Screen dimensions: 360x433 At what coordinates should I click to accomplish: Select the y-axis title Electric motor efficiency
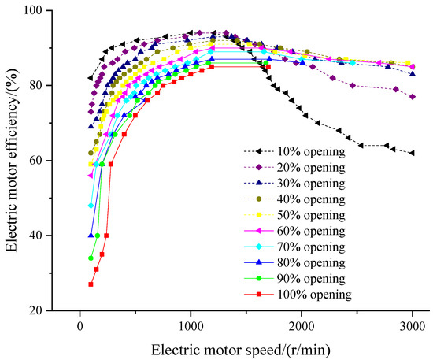pyautogui.click(x=12, y=161)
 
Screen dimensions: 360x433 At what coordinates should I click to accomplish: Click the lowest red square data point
pyautogui.click(x=91, y=284)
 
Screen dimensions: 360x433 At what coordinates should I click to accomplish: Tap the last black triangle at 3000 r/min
pyautogui.click(x=412, y=153)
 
